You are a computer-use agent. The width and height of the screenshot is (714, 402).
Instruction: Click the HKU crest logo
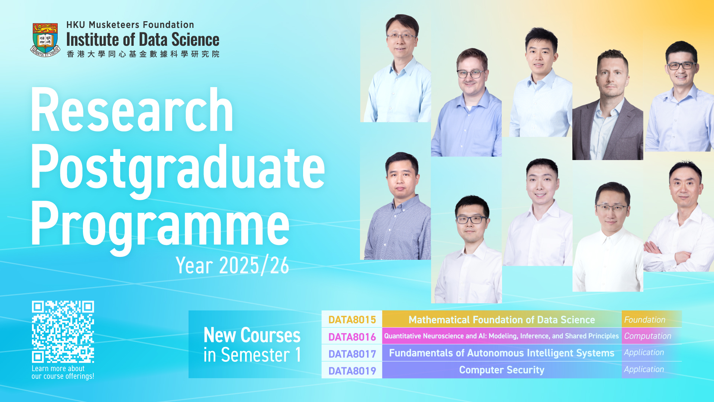tap(45, 40)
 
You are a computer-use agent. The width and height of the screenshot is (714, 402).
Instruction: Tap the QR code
tap(63, 332)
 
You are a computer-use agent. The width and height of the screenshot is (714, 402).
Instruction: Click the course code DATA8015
tap(352, 320)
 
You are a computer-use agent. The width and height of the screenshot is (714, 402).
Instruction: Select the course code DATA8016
tap(352, 337)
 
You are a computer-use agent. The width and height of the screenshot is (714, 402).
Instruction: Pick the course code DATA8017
tap(352, 354)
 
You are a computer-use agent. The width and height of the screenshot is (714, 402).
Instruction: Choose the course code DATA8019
tap(352, 371)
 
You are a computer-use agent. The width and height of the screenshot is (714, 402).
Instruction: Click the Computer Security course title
tap(502, 370)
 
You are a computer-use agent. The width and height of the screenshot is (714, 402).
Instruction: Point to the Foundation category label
tap(644, 320)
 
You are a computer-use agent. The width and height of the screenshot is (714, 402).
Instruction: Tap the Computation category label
tap(647, 336)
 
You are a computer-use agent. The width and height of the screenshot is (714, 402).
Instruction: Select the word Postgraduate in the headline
tap(178, 169)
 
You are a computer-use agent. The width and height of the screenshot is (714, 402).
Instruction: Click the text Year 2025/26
tap(232, 265)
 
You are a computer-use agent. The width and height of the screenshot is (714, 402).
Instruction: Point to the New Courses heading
tap(252, 335)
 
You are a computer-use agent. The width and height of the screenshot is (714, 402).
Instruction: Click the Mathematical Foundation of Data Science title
tap(502, 320)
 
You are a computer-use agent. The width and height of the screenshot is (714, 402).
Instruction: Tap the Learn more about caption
tap(58, 368)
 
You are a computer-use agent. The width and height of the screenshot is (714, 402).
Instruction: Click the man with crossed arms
tap(679, 216)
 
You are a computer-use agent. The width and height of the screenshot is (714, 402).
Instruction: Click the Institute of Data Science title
tap(143, 39)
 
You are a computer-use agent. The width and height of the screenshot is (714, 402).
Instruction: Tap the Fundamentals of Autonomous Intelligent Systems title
tap(502, 353)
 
